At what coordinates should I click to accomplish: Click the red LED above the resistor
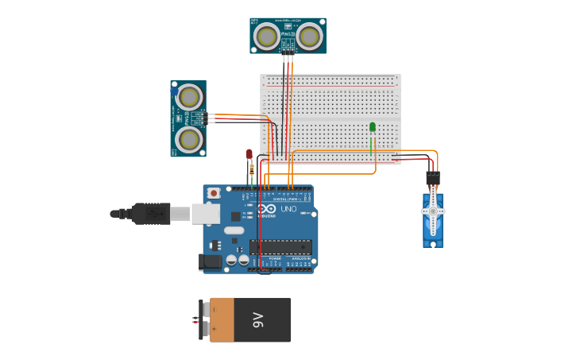click(249, 153)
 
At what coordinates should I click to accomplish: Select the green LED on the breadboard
click(373, 127)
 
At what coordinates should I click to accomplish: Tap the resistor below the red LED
click(252, 168)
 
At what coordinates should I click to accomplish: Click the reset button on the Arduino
click(213, 193)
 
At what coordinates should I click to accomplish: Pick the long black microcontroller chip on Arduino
click(280, 246)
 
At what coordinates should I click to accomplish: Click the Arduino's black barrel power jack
click(211, 261)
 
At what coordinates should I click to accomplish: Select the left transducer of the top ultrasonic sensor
click(268, 35)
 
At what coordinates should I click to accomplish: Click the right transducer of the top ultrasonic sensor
click(309, 35)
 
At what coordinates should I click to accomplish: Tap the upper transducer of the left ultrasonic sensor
click(189, 97)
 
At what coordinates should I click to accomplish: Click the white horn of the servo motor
click(433, 211)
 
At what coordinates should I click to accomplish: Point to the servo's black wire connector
click(432, 177)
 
